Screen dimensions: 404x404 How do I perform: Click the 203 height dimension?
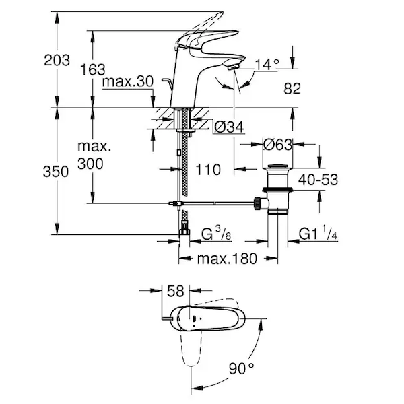coord(57,61)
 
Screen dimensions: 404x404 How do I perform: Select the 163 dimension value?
coord(93,69)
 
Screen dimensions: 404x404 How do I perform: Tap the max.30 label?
coord(128,81)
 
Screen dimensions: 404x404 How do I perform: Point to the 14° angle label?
coord(267,65)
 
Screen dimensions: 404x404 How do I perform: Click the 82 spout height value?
coord(292,88)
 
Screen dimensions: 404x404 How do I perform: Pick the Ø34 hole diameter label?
coord(229,127)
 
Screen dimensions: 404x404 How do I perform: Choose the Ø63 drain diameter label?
coord(277,145)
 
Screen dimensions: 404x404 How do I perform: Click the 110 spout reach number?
coord(208,170)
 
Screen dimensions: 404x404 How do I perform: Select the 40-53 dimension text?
coord(318,180)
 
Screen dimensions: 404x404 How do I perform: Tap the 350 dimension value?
coord(56,172)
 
